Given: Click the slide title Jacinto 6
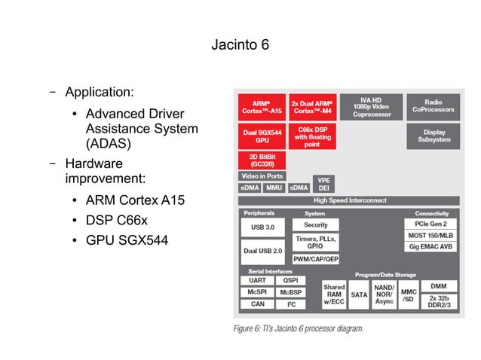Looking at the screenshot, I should point(240,45).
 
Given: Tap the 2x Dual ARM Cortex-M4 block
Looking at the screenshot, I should point(312,106).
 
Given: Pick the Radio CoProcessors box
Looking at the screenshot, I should point(433,106).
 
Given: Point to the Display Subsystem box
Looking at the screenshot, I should point(433,136).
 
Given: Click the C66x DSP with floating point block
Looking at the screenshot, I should point(312,136).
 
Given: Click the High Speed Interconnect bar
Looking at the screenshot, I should point(349,200).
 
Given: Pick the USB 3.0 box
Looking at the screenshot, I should point(262,227).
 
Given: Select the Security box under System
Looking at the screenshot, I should point(315,224).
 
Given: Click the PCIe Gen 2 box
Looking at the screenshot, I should point(430,224).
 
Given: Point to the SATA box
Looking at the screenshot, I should point(359,294).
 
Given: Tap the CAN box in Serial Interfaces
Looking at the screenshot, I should point(257,304).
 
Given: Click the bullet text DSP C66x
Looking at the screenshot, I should point(116,221).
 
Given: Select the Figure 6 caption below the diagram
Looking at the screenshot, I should point(299,328).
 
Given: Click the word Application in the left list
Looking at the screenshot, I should point(99,93).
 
